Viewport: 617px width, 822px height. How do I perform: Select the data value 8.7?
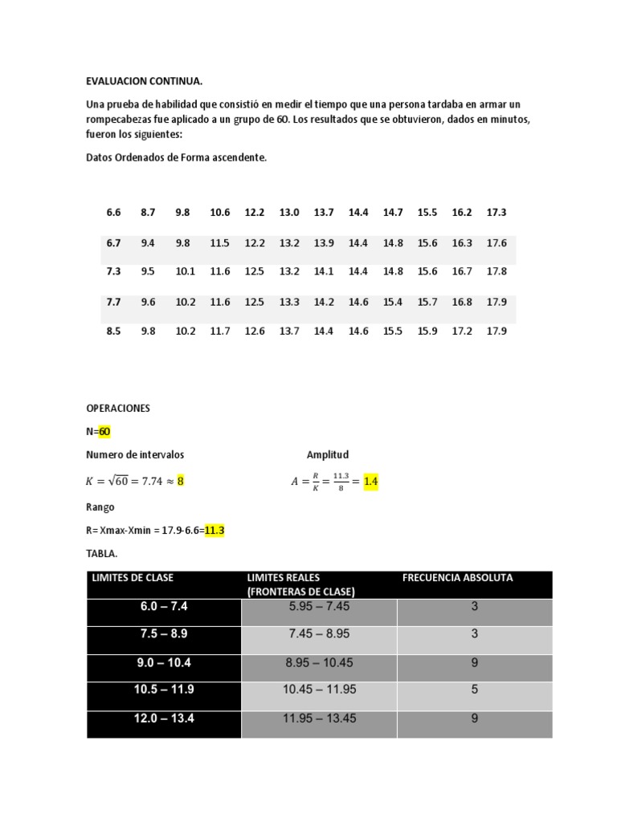point(148,213)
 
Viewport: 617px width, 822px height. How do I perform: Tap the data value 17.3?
point(496,213)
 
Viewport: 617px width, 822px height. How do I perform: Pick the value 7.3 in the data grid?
point(113,271)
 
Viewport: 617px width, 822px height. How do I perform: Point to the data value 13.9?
point(324,242)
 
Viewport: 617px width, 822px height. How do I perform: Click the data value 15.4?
point(393,302)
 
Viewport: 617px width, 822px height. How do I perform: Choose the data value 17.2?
point(462,331)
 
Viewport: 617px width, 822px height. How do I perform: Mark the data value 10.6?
point(219,213)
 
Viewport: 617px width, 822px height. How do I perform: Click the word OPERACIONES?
point(118,408)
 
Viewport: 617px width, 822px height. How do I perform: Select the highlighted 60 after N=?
point(104,431)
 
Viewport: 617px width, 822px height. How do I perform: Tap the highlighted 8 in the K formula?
point(181,482)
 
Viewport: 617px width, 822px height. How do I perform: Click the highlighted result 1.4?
point(370,482)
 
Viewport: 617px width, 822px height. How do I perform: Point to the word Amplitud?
point(328,454)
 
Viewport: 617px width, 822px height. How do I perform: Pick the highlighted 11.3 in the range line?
point(215,531)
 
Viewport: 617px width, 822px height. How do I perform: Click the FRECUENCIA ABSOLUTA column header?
point(457,577)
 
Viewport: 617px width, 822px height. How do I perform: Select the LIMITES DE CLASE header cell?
point(133,577)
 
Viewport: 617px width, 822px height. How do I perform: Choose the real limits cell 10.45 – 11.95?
point(319,689)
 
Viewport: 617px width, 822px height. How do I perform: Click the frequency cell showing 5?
point(475,689)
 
